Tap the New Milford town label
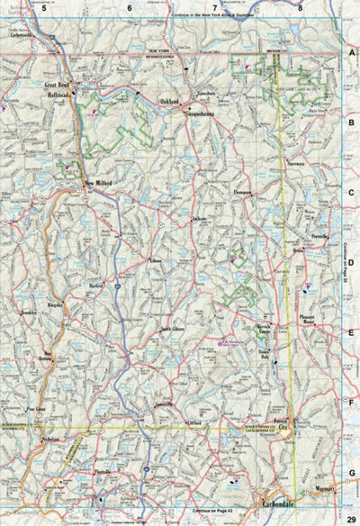coord(102,187)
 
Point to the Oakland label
coord(171,102)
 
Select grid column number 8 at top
coord(300,7)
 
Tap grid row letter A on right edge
coord(352,53)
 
